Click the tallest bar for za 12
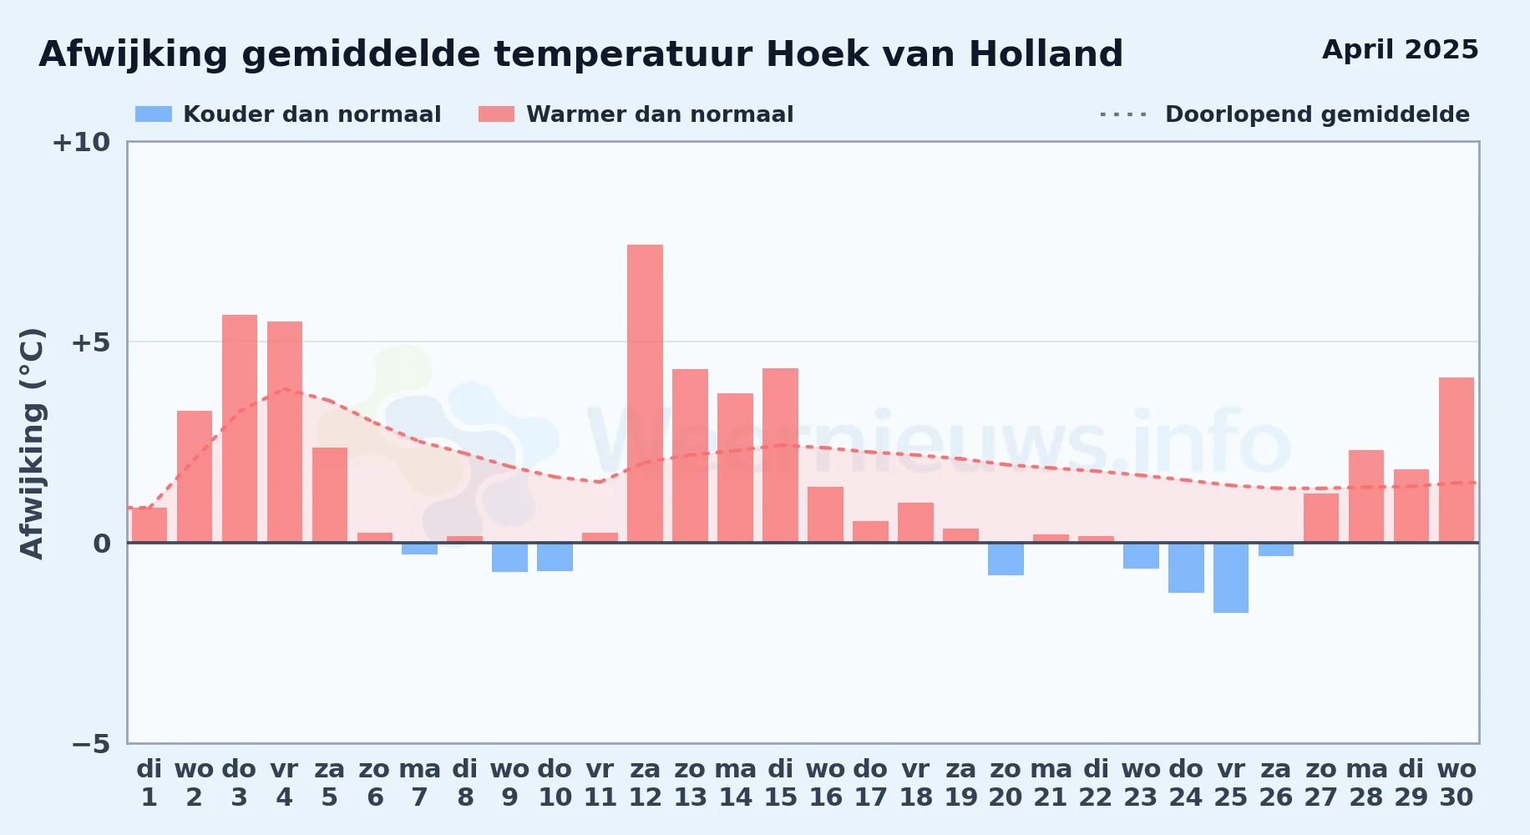coord(645,393)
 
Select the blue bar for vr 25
coord(1231,578)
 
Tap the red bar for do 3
coord(240,428)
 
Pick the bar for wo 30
coord(1457,460)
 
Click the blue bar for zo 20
coord(1006,559)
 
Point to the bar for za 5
coord(330,495)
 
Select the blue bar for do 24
coord(1186,568)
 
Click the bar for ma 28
coord(1366,496)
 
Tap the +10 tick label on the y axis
coord(81,143)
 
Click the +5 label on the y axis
coord(91,342)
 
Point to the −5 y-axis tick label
coord(91,743)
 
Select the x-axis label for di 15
coord(781,783)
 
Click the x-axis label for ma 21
coord(1051,783)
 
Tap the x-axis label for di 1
coord(149,783)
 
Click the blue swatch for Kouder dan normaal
coord(154,114)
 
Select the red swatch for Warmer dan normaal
coord(497,114)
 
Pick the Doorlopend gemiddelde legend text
coord(1317,114)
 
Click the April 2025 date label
coord(1401,50)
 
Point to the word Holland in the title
coord(1046,54)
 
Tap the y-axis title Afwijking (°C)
coord(33,443)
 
